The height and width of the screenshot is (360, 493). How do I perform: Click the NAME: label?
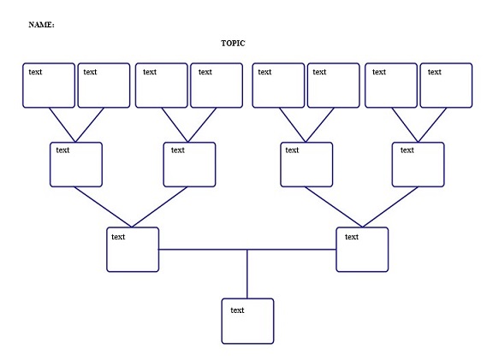(x=41, y=25)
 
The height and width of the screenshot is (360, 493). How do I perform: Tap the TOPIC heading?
(x=233, y=44)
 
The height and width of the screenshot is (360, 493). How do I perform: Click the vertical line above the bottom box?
(x=247, y=274)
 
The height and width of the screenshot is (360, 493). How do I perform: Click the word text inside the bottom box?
(x=237, y=310)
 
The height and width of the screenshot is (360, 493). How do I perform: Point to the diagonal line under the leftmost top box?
(x=62, y=125)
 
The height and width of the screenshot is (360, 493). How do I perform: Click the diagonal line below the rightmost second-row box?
(x=390, y=207)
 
